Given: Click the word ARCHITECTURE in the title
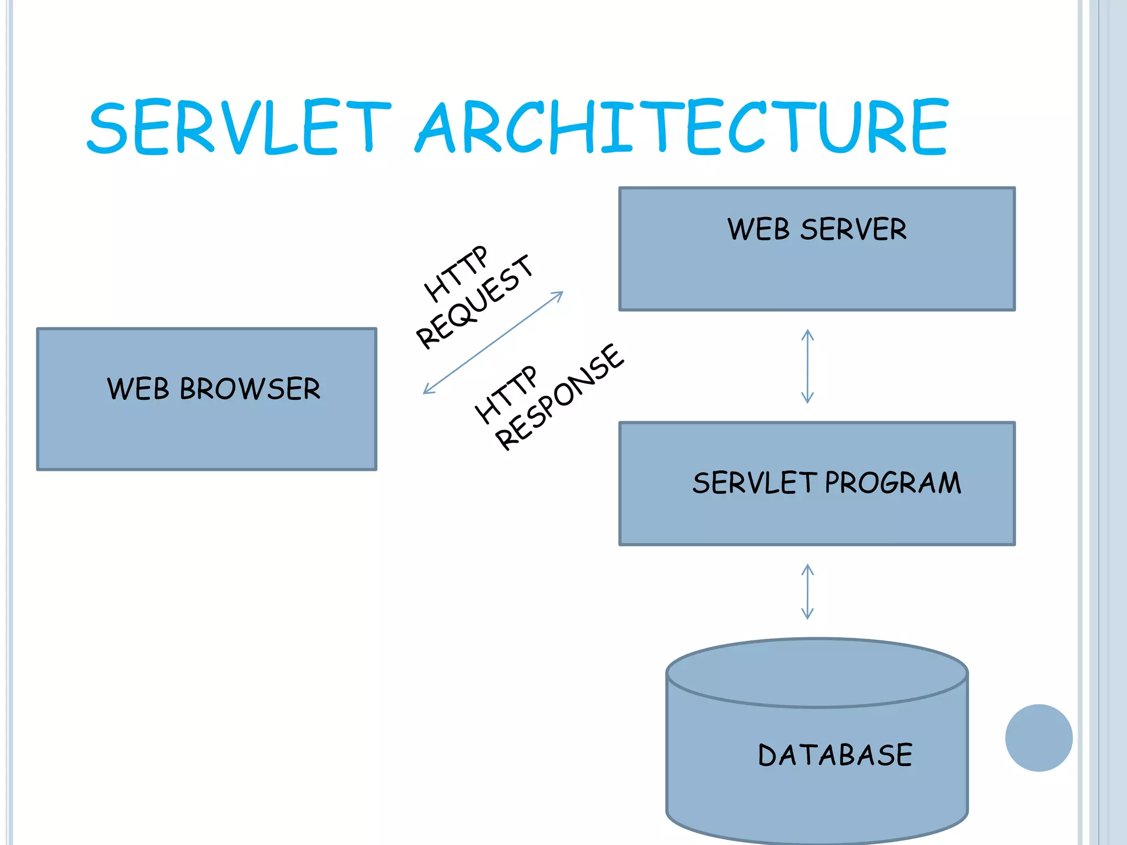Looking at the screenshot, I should pyautogui.click(x=682, y=127).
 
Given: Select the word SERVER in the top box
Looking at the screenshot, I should pyautogui.click(x=853, y=229).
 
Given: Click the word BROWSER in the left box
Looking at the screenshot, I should pyautogui.click(x=250, y=389).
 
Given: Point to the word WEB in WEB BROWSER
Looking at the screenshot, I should pyautogui.click(x=138, y=389).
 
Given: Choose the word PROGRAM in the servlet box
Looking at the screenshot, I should pyautogui.click(x=893, y=483).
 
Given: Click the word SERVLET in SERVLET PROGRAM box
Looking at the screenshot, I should pyautogui.click(x=754, y=483).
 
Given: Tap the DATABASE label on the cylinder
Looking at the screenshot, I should pyautogui.click(x=835, y=755).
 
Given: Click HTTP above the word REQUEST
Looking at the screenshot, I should pyautogui.click(x=456, y=273).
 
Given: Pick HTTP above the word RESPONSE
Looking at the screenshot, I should pyautogui.click(x=505, y=394).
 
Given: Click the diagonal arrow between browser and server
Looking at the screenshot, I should pyautogui.click(x=493, y=342).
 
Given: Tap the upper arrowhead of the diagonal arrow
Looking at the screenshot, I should pyautogui.click(x=559, y=295).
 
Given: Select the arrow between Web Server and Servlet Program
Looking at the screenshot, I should pyautogui.click(x=807, y=366).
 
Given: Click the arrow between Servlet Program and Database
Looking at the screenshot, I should pyautogui.click(x=807, y=592).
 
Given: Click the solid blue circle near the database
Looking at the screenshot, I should pyautogui.click(x=1038, y=738).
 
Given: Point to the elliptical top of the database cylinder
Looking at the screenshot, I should pyautogui.click(x=817, y=672).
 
